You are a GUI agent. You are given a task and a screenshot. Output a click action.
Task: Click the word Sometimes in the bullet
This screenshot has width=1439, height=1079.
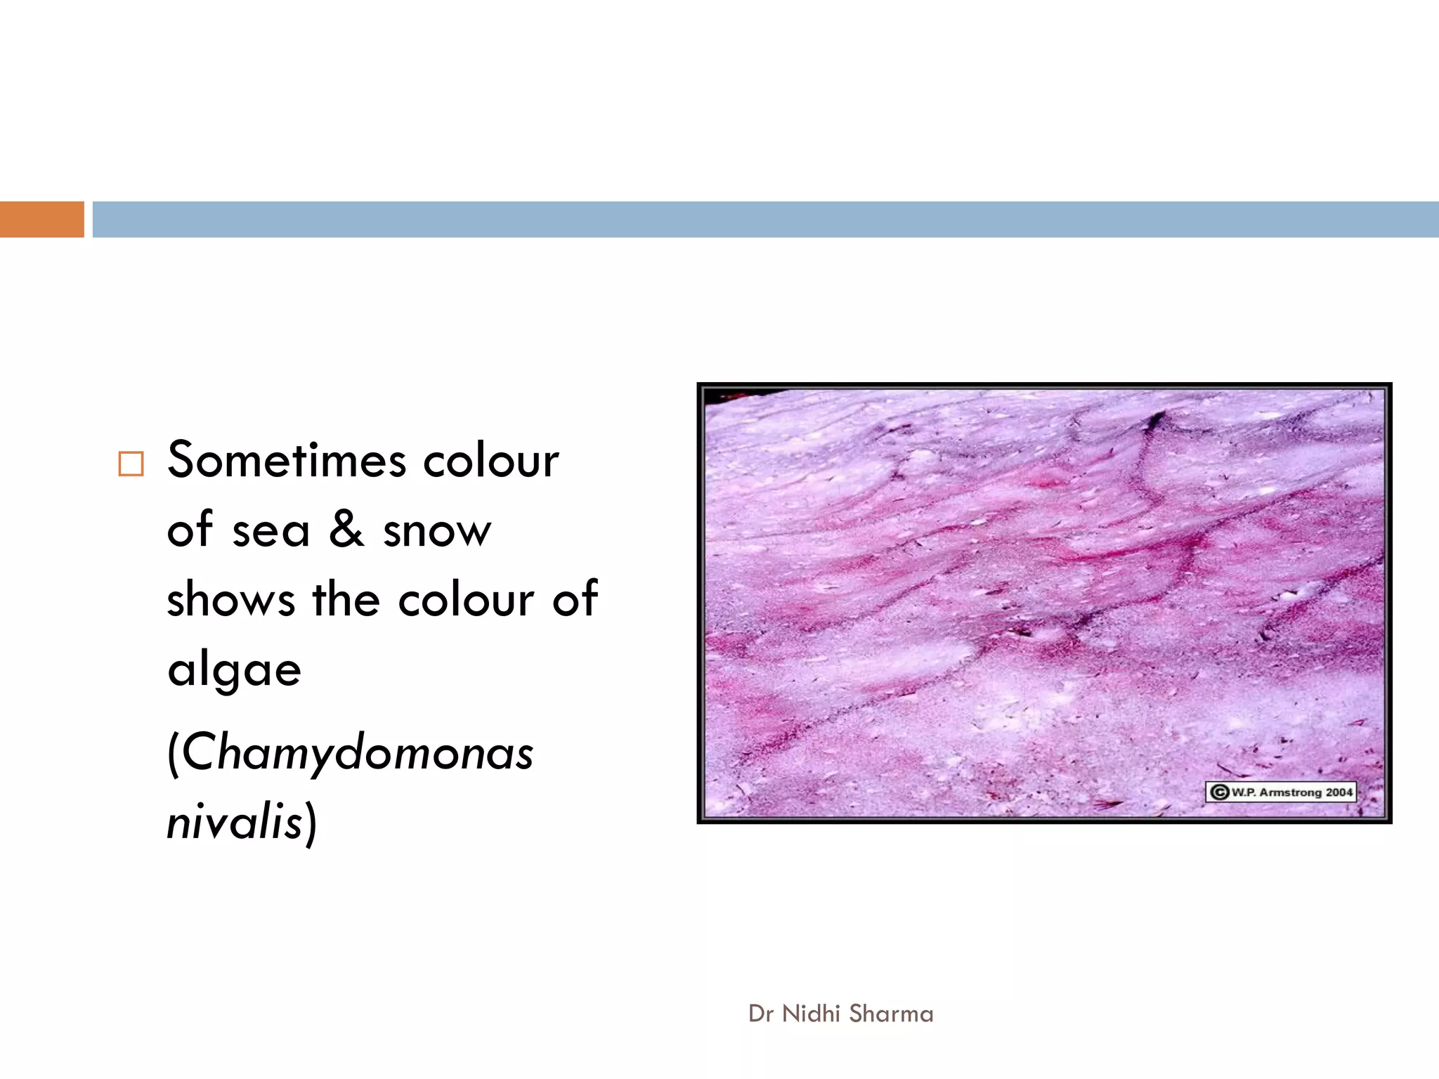(287, 461)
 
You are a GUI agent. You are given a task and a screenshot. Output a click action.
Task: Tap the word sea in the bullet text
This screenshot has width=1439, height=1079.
(271, 531)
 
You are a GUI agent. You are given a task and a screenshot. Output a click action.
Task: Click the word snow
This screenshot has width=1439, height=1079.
(437, 531)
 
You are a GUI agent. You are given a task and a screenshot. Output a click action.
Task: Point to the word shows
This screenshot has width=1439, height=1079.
(230, 600)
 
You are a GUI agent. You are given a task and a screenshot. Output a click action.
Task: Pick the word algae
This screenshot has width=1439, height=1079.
(234, 670)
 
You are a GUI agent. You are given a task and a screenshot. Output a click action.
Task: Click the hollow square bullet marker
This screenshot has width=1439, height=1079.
(131, 464)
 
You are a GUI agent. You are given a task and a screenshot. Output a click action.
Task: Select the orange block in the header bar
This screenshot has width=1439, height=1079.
(41, 219)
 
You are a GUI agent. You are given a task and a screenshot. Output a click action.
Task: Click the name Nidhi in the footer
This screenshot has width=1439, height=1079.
(811, 1014)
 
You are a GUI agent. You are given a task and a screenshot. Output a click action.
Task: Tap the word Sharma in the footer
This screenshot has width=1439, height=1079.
(891, 1014)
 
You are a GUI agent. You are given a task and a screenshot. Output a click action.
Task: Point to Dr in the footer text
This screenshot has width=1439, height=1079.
(762, 1014)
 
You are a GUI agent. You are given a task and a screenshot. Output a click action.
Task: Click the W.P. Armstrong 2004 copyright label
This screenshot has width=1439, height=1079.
(1281, 792)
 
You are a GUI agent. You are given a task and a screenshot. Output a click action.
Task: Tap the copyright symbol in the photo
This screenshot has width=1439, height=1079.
(1220, 792)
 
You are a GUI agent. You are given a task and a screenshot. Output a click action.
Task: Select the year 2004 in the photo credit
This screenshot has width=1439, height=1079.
(1339, 792)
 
